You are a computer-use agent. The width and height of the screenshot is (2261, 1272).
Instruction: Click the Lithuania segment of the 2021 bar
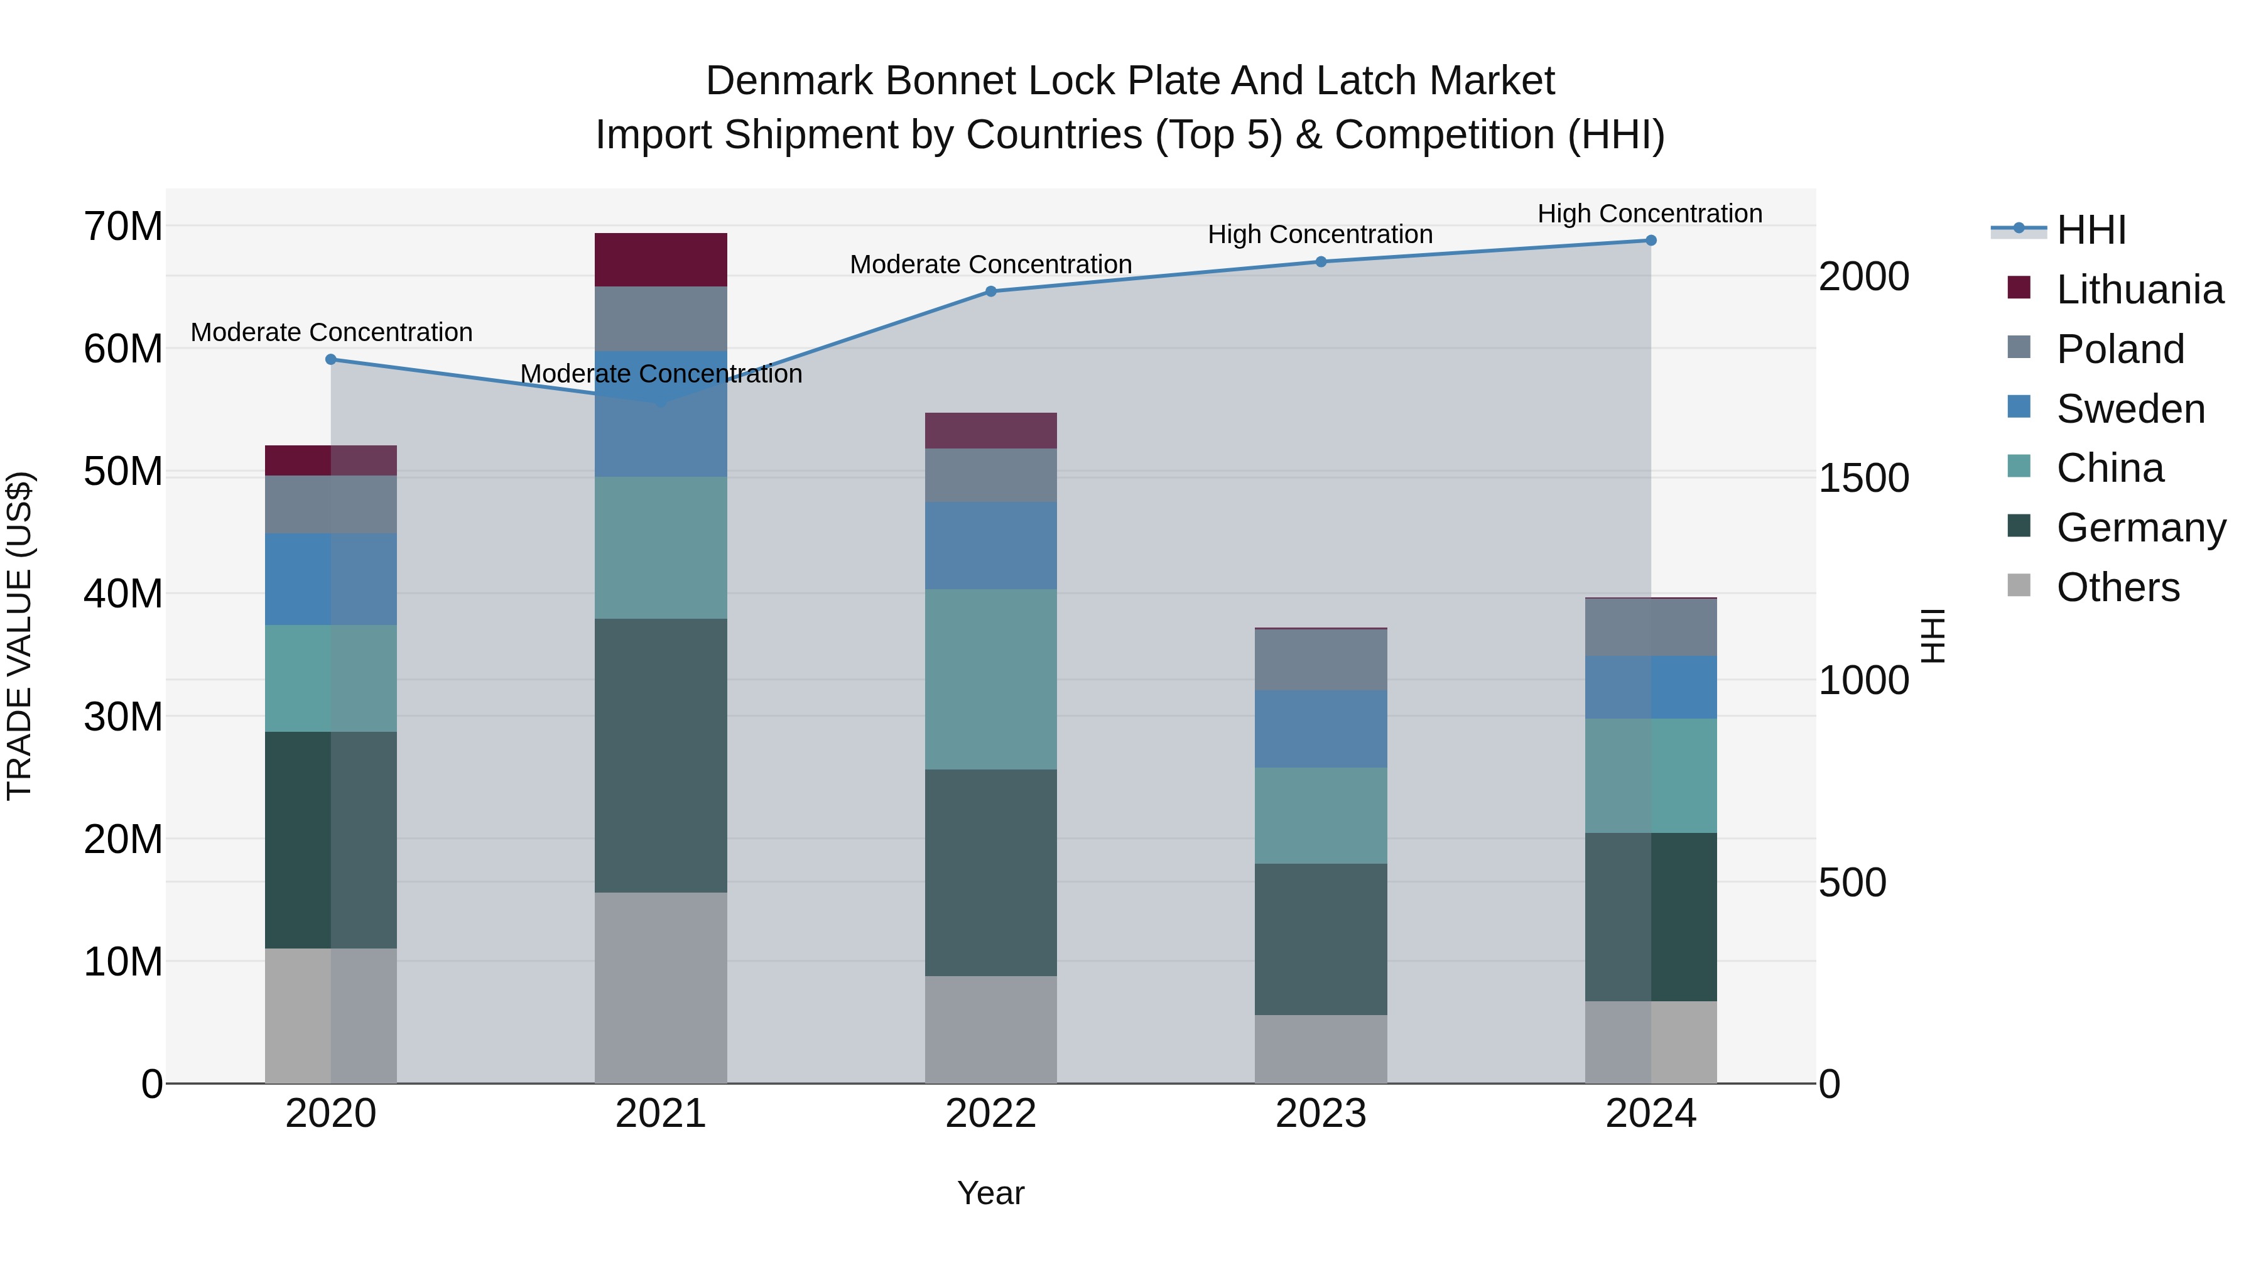tap(660, 260)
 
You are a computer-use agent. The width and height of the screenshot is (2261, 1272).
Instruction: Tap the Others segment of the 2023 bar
tap(1320, 1049)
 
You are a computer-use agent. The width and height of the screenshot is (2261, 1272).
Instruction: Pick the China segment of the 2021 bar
tap(660, 548)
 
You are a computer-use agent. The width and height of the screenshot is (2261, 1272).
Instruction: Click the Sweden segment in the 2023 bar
tap(1320, 729)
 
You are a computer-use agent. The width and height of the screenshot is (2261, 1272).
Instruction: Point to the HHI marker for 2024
tap(1650, 241)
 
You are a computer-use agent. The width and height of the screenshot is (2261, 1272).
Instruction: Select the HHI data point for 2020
tap(331, 359)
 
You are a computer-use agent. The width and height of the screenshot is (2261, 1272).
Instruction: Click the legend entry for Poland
tap(2119, 349)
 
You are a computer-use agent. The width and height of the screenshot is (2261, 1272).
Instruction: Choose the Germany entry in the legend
tap(2140, 528)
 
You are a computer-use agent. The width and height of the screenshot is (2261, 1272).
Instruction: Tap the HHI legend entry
tap(2091, 230)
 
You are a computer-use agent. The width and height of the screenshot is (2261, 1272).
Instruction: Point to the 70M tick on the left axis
tap(123, 227)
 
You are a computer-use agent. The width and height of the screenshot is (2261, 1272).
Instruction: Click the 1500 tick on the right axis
tap(1863, 479)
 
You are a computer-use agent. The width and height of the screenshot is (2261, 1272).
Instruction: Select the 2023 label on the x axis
tap(1320, 1114)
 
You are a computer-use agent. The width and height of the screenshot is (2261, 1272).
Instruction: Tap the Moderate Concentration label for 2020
tap(331, 333)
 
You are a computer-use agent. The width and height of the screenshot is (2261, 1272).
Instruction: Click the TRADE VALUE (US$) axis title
tap(19, 636)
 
